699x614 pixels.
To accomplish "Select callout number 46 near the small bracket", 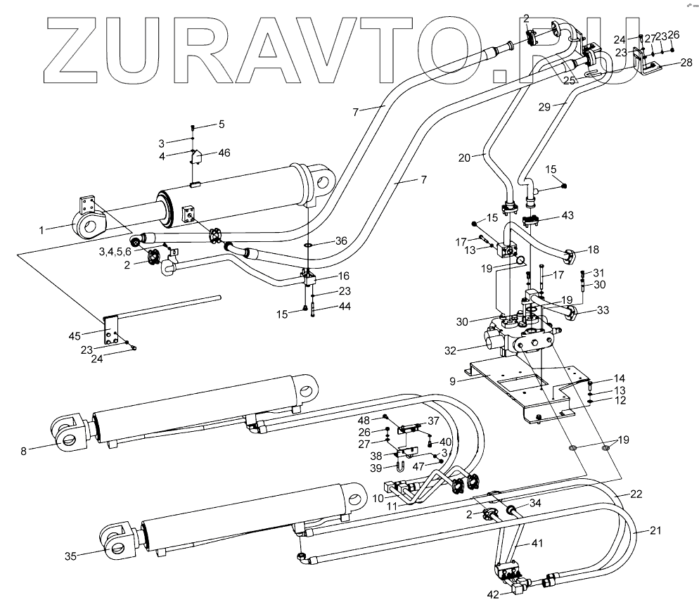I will click(x=224, y=152).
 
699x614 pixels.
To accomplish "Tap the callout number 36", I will click(x=341, y=241).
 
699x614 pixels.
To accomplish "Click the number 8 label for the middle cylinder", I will click(x=23, y=451).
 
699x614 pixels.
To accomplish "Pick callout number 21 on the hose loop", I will click(x=655, y=530).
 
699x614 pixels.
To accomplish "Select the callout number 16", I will click(x=344, y=276).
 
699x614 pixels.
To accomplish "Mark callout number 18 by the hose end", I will click(x=594, y=249).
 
